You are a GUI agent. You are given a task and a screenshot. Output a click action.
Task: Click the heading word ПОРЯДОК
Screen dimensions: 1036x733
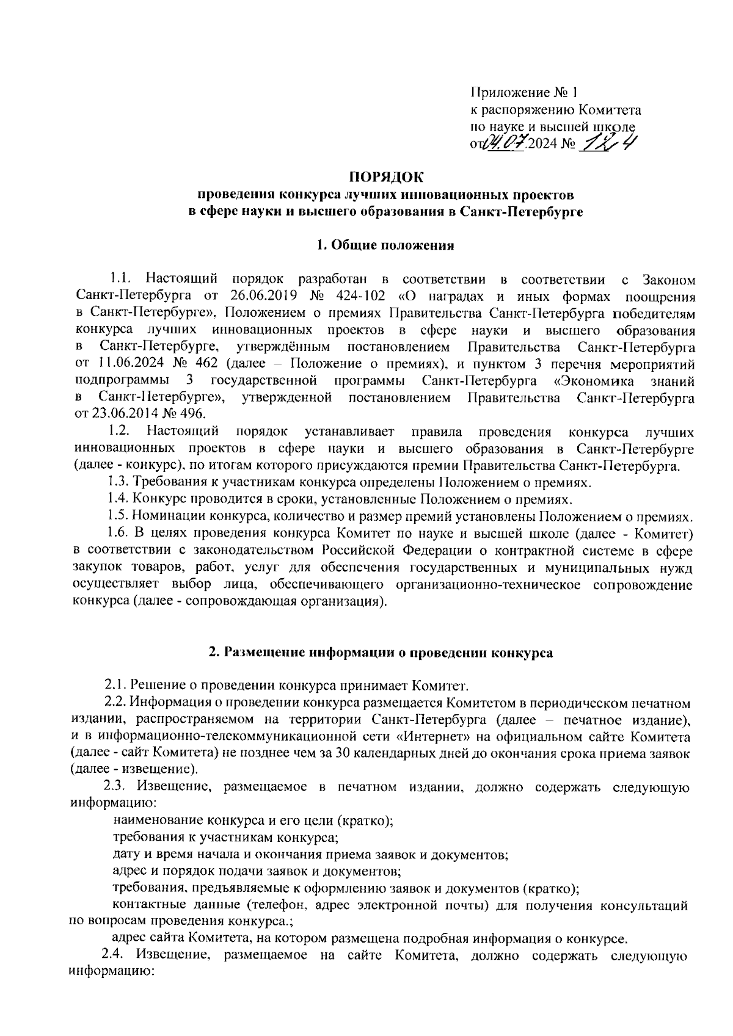point(385,178)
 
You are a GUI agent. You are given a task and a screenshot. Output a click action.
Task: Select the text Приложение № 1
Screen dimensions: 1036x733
point(523,93)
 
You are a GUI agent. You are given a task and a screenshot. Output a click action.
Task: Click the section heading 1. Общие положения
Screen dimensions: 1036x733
point(385,246)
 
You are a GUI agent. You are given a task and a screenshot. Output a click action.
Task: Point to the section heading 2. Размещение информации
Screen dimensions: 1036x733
point(381,652)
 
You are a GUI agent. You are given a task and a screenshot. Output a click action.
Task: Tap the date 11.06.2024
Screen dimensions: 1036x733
point(128,365)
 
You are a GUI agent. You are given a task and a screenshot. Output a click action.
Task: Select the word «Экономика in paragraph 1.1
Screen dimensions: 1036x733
point(590,382)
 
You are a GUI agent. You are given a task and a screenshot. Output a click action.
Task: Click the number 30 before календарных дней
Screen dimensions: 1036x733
point(343,753)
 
